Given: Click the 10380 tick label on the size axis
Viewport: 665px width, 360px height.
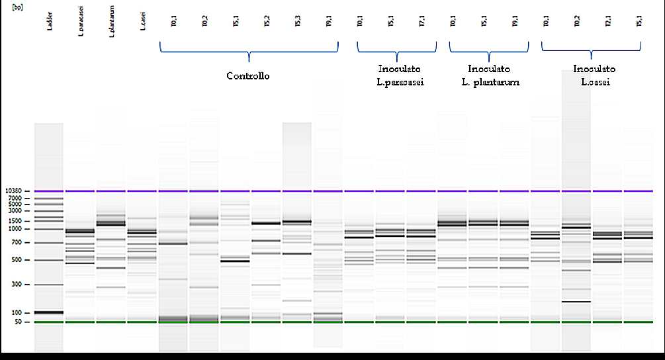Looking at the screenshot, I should (13, 191).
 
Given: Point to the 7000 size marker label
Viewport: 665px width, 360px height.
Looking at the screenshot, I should (15, 199).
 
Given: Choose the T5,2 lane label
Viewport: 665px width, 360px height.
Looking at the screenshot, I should (267, 22).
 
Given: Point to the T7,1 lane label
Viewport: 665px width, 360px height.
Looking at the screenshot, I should (421, 22).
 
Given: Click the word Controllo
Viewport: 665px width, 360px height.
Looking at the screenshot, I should (248, 76).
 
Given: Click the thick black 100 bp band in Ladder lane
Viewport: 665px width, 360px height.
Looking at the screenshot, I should (49, 312).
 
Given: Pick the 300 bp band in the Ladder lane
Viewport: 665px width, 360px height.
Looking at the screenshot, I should (49, 285).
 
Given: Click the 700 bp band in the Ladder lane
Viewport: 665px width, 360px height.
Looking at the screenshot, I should (49, 243).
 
